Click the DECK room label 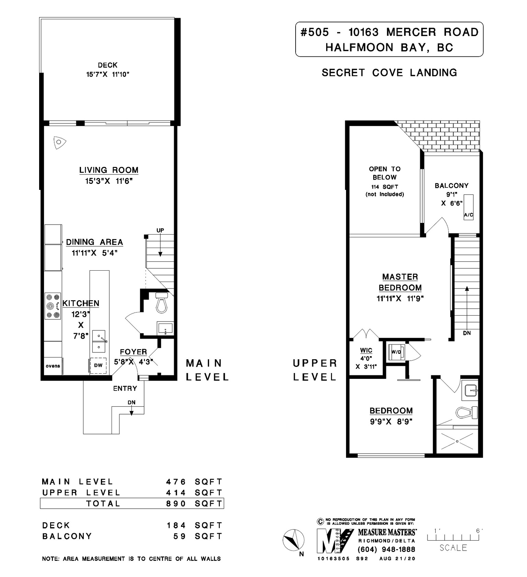(107, 65)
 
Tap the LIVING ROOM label (109, 170)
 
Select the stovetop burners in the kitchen (53, 306)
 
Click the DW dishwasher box (98, 366)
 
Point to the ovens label (53, 366)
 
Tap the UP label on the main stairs (160, 230)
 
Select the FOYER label (133, 352)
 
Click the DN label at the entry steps (131, 403)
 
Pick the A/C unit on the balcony (469, 207)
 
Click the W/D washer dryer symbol (396, 352)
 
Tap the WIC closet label (366, 351)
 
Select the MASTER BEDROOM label (400, 282)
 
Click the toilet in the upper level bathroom (467, 412)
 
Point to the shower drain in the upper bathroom (457, 441)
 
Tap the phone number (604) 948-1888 (387, 550)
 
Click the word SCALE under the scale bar (453, 548)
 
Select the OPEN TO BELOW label (385, 173)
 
